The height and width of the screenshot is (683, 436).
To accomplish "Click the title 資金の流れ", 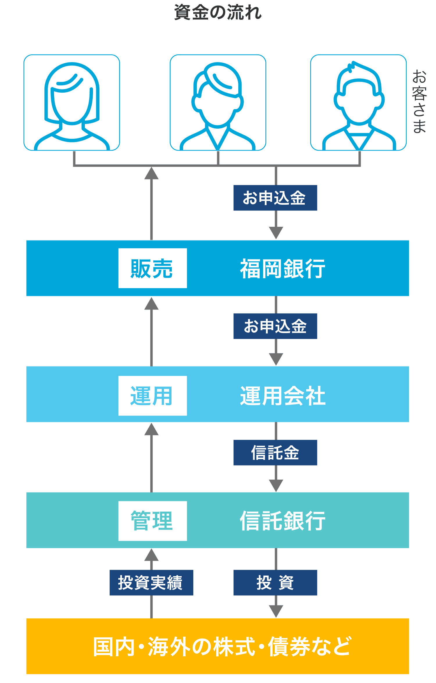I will point(218,13).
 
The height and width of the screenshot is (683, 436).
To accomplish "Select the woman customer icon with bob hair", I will point(72,103).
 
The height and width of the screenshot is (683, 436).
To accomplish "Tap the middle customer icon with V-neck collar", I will point(218,103).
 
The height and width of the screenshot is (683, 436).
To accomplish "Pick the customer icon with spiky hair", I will point(358,103).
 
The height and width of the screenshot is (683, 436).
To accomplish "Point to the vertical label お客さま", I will point(419,101).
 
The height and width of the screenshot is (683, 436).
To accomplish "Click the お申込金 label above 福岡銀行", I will point(275,198).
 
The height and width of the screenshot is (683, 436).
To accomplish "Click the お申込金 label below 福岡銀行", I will point(275,326).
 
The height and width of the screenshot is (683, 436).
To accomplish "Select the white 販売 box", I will point(152,268).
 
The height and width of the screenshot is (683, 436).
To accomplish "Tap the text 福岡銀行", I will point(283,269).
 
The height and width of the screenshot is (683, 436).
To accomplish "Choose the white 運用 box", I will point(152,396).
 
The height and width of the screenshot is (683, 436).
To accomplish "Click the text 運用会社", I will point(283,396).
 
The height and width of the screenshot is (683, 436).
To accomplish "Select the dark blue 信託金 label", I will point(275,453).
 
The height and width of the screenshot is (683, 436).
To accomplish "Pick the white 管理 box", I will point(152,521).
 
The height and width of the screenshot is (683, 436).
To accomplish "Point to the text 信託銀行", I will point(283,521).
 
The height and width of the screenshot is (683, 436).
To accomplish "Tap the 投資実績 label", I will point(151,583).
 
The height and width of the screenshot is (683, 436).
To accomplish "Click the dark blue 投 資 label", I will point(275,583).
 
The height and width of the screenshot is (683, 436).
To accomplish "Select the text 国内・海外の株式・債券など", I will point(222,646).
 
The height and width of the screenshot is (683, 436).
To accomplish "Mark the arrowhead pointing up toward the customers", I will point(151,173).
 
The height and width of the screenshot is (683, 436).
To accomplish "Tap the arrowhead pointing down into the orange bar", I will point(276,611).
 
